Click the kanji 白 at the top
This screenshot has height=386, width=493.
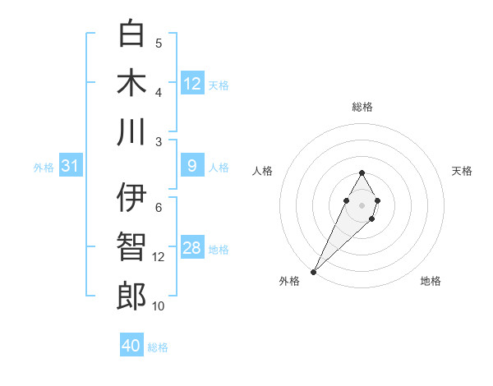tap(131, 34)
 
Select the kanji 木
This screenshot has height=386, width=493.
tap(131, 82)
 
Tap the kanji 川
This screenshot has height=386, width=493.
tap(131, 131)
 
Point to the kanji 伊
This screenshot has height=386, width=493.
tap(131, 197)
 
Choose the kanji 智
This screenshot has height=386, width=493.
tap(131, 246)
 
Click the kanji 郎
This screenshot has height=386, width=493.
tap(131, 296)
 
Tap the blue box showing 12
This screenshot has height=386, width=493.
tap(192, 83)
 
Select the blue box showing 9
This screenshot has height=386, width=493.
tap(192, 166)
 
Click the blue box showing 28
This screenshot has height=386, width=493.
tap(192, 248)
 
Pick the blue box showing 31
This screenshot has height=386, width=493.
tap(70, 167)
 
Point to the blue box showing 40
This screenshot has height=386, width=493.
tap(131, 346)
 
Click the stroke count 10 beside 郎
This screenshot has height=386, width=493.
tap(159, 306)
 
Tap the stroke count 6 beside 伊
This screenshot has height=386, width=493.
tap(159, 207)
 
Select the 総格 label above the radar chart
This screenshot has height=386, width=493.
tap(362, 107)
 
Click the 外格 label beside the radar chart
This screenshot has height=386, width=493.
tap(289, 281)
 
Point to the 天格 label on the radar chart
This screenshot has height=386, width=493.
tap(462, 171)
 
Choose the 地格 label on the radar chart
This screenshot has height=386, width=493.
tap(431, 281)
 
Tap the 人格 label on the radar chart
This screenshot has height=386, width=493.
tap(263, 171)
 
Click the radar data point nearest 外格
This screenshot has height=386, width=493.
tap(313, 271)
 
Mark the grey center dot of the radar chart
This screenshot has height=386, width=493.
tap(362, 204)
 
